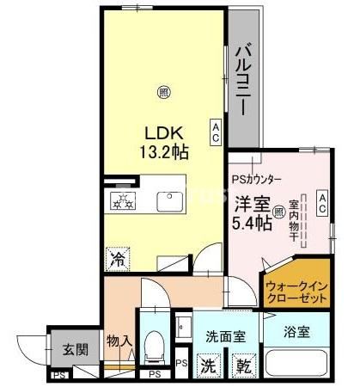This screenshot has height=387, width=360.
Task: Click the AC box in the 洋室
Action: pos(321,203)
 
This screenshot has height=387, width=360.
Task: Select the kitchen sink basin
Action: pos(170,201)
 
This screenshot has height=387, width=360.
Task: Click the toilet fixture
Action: pos(155,346)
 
